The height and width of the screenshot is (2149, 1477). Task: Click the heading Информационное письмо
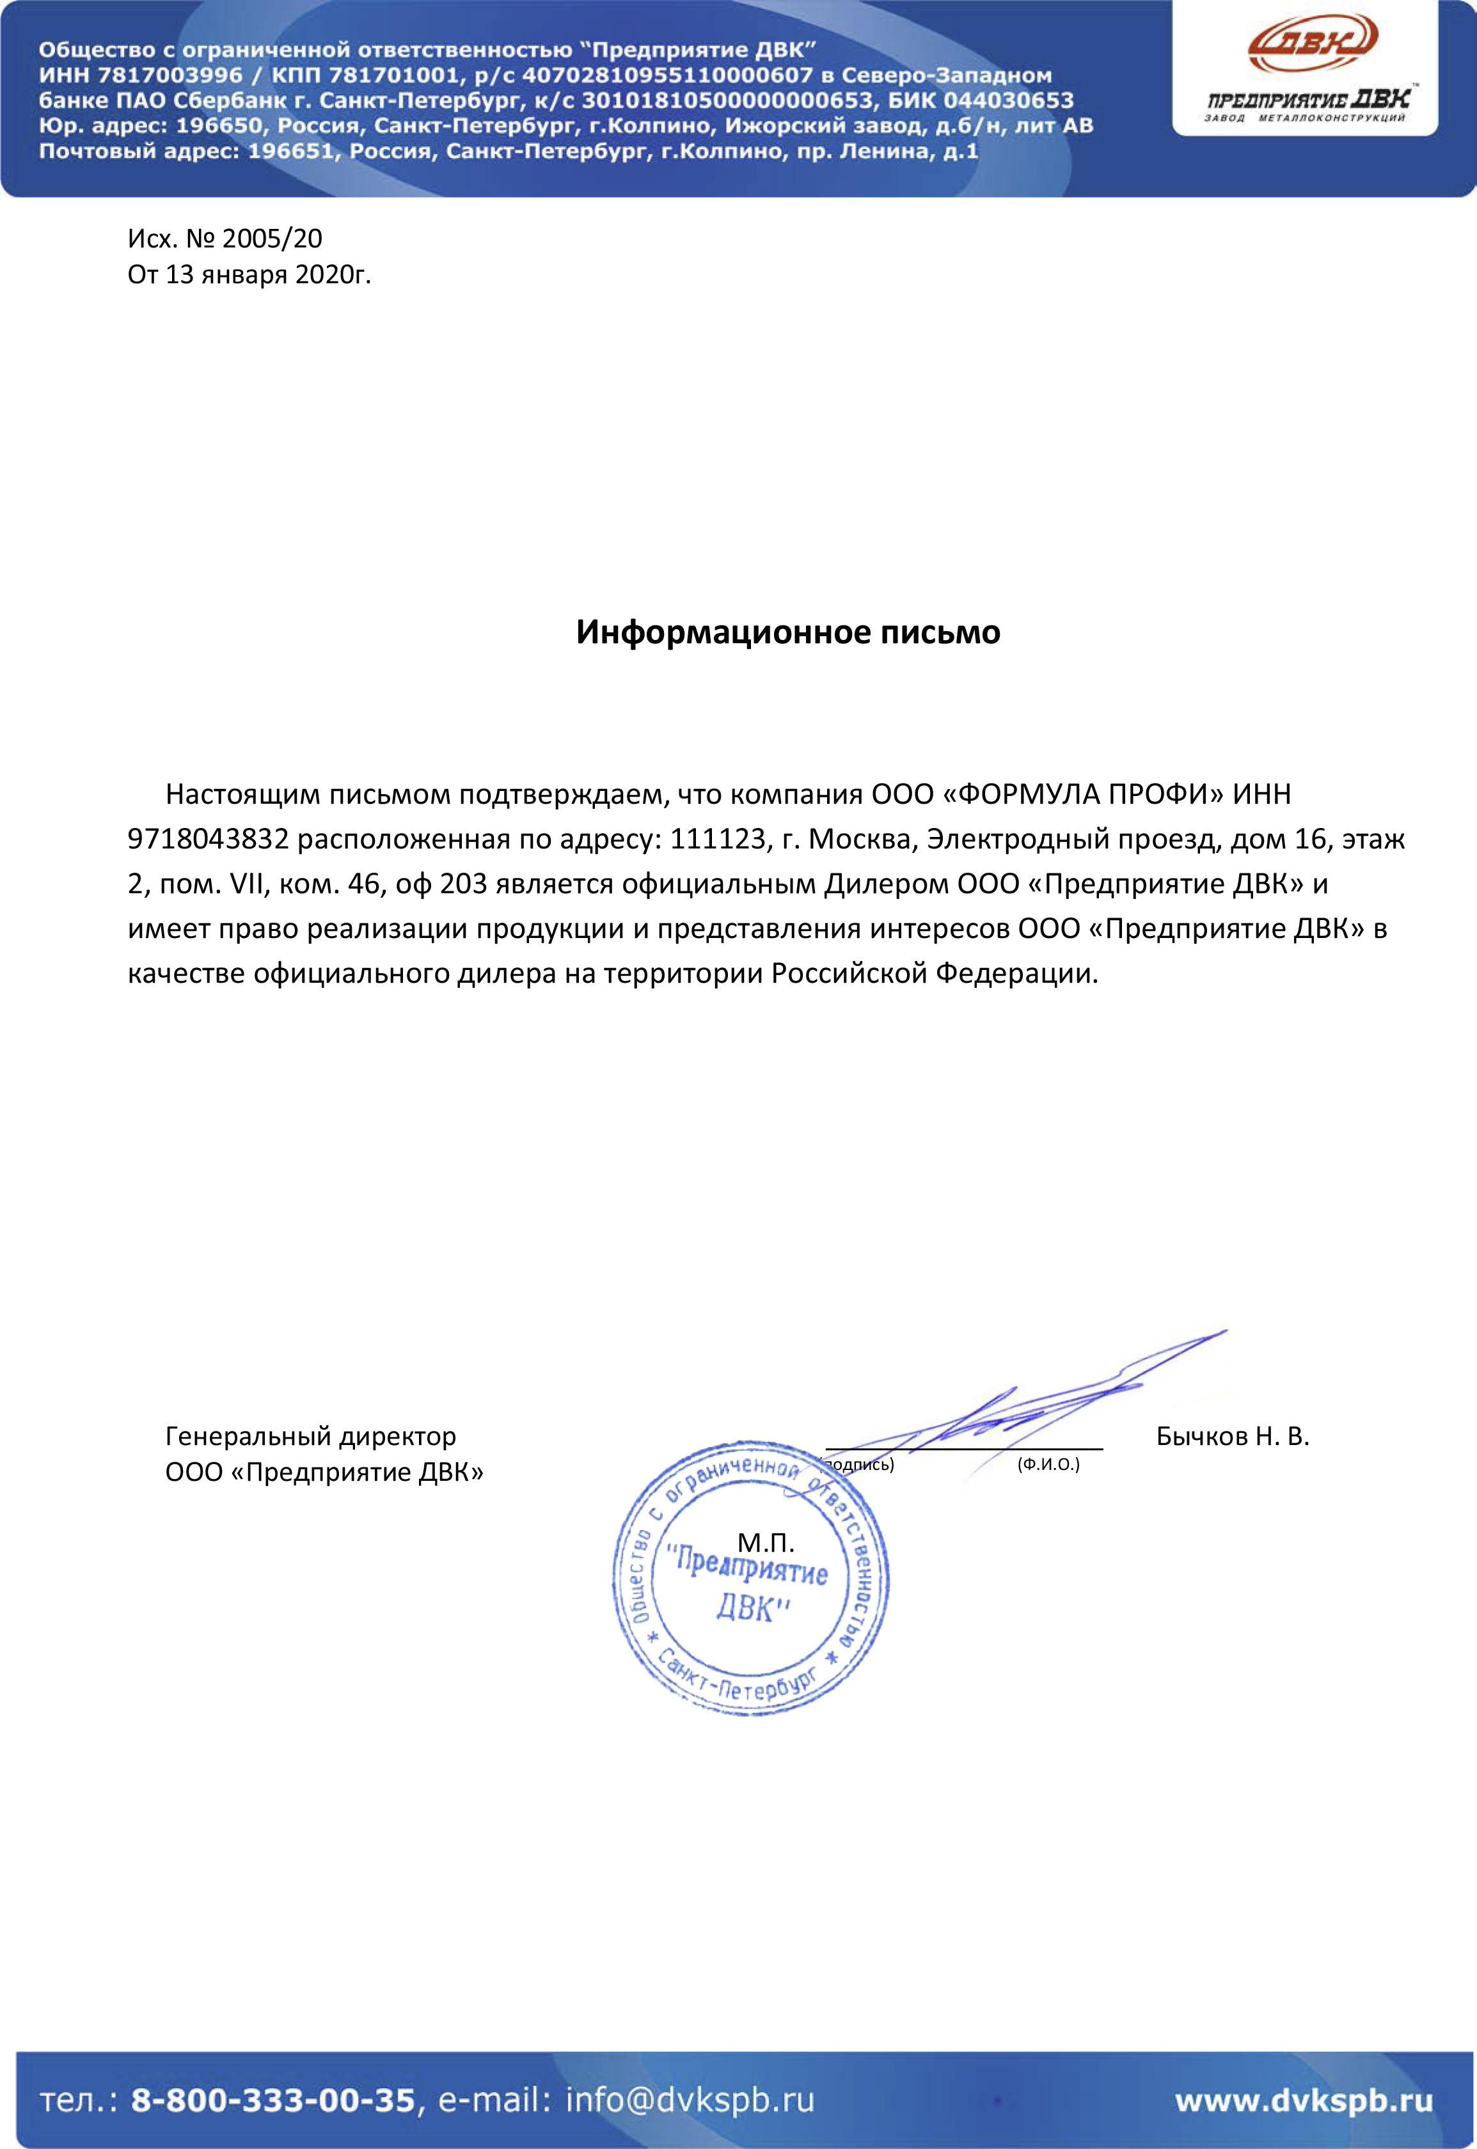(x=787, y=632)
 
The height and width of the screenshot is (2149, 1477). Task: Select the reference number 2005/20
(x=272, y=238)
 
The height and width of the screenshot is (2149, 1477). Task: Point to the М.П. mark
(x=765, y=1542)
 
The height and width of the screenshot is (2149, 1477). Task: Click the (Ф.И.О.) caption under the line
(x=1048, y=1464)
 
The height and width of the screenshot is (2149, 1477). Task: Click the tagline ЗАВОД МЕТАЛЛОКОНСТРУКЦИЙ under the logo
(x=1304, y=118)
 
